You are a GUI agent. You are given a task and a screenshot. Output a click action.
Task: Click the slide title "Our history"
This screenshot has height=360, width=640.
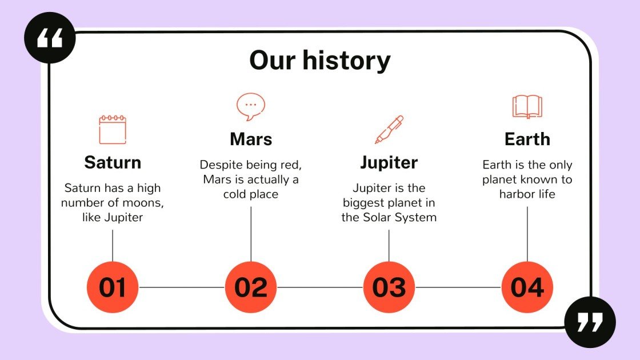tap(320, 61)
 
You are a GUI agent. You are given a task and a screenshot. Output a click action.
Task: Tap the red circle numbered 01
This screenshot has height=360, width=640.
tap(113, 287)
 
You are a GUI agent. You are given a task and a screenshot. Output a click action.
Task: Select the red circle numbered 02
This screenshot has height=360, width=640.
tap(251, 287)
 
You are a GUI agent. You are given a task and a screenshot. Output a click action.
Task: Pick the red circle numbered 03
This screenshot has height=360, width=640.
tap(389, 287)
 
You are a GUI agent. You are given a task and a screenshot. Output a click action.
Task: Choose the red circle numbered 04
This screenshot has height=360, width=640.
tap(527, 287)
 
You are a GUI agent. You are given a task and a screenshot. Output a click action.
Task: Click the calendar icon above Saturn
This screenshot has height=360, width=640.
tap(113, 129)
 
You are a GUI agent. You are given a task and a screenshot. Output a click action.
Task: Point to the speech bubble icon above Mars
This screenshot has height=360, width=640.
tap(251, 106)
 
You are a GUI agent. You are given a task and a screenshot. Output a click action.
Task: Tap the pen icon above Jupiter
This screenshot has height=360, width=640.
tap(389, 129)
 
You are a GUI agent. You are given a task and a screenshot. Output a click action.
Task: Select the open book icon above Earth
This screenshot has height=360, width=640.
tap(527, 106)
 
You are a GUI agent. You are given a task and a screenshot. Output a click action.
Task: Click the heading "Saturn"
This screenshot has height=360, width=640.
tap(113, 162)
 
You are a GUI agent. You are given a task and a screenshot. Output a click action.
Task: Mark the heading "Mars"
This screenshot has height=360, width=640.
tap(251, 139)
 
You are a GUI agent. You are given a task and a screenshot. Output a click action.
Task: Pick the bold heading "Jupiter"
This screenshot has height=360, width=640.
tap(389, 162)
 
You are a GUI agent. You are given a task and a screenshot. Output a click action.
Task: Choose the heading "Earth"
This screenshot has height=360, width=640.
tap(527, 139)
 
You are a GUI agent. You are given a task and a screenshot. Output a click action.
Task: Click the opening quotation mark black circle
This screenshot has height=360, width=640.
tap(50, 38)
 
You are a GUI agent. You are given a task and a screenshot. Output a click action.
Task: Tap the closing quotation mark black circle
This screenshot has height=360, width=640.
tap(590, 322)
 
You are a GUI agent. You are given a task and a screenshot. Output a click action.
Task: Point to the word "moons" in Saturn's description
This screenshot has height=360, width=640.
tap(141, 203)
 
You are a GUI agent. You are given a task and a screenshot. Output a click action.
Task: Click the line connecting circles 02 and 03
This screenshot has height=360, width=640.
tap(320, 287)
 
